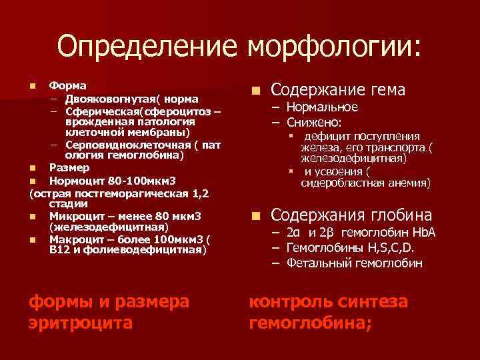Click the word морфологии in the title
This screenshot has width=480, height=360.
[x=333, y=47]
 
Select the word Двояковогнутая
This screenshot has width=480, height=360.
[x=107, y=99]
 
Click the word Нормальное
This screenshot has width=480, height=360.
[x=322, y=107]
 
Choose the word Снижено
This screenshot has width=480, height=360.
[x=314, y=123]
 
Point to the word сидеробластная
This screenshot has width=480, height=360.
[x=341, y=182]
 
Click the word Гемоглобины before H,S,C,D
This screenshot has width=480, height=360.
[x=321, y=248]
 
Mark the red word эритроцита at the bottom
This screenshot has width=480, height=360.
[x=81, y=323]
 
